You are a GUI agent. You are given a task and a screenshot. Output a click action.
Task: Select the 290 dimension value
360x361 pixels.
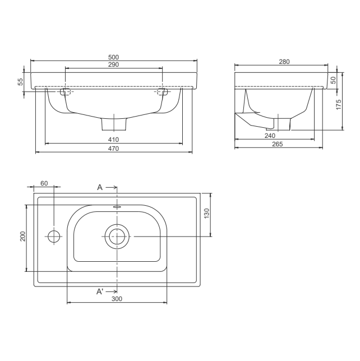coord(114,65)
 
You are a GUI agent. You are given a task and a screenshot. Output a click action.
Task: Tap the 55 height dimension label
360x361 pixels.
coord(21,81)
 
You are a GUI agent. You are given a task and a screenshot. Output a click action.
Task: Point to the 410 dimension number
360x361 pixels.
coord(114,140)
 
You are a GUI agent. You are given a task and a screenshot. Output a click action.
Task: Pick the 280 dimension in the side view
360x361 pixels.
coord(284,62)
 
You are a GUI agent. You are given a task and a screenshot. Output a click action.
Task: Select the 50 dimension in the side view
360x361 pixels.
coord(333,80)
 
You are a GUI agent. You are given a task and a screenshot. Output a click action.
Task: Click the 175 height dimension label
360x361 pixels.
coord(339,105)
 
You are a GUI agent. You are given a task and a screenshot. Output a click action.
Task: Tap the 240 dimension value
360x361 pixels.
coord(270,136)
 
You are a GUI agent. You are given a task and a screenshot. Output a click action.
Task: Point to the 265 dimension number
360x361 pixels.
coord(277,144)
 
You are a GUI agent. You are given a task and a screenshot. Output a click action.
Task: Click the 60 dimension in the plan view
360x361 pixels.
coord(44,184)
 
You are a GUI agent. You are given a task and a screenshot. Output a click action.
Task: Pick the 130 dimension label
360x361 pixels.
coord(206,213)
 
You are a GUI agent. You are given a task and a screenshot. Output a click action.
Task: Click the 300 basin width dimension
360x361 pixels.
coord(117,299)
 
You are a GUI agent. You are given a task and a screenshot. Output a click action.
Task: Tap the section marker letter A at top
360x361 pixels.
coord(100,187)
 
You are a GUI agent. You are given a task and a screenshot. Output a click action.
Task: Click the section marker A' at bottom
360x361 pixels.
coord(100,291)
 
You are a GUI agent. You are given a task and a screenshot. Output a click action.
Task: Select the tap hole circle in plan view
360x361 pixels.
coord(54,236)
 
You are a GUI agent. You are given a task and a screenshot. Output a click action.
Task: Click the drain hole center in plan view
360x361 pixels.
coord(117,236)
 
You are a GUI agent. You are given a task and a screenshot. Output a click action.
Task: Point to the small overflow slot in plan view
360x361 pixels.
coord(117,207)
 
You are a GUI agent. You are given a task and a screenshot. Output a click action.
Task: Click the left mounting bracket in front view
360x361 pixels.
coord(65,91)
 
